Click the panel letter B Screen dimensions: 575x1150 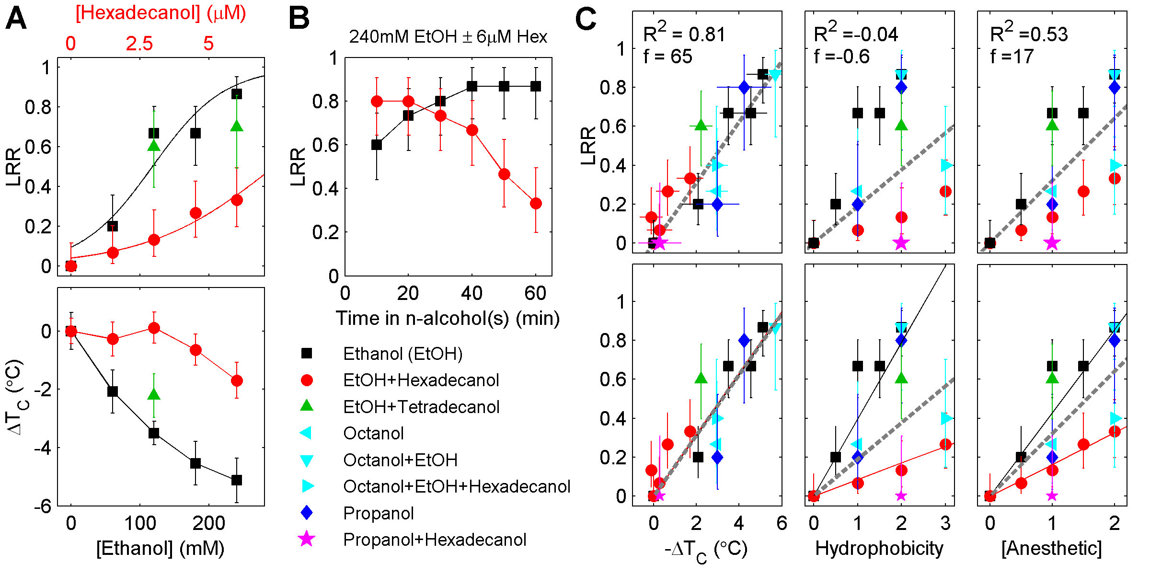[299, 19]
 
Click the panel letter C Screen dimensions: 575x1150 [586, 19]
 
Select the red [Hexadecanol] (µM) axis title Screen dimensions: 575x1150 [161, 13]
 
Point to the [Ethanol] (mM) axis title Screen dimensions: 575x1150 [161, 548]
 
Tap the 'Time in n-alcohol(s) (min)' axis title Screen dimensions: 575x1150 [448, 318]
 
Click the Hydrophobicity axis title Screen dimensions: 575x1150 [879, 548]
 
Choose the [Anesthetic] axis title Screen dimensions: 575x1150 [1052, 548]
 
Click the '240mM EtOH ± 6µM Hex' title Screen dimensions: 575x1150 [448, 37]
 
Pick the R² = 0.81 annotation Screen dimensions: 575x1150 [684, 34]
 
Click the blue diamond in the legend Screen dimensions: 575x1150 [307, 513]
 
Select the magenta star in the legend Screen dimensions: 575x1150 [307, 540]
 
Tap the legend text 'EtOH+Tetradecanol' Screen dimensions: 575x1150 [421, 407]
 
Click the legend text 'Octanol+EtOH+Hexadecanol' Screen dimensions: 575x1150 [457, 486]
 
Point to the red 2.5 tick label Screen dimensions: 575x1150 [139, 44]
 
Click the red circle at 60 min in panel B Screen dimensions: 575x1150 [536, 204]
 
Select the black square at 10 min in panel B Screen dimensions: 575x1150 [377, 145]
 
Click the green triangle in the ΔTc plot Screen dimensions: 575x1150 [154, 394]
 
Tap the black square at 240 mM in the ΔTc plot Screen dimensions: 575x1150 [237, 480]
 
